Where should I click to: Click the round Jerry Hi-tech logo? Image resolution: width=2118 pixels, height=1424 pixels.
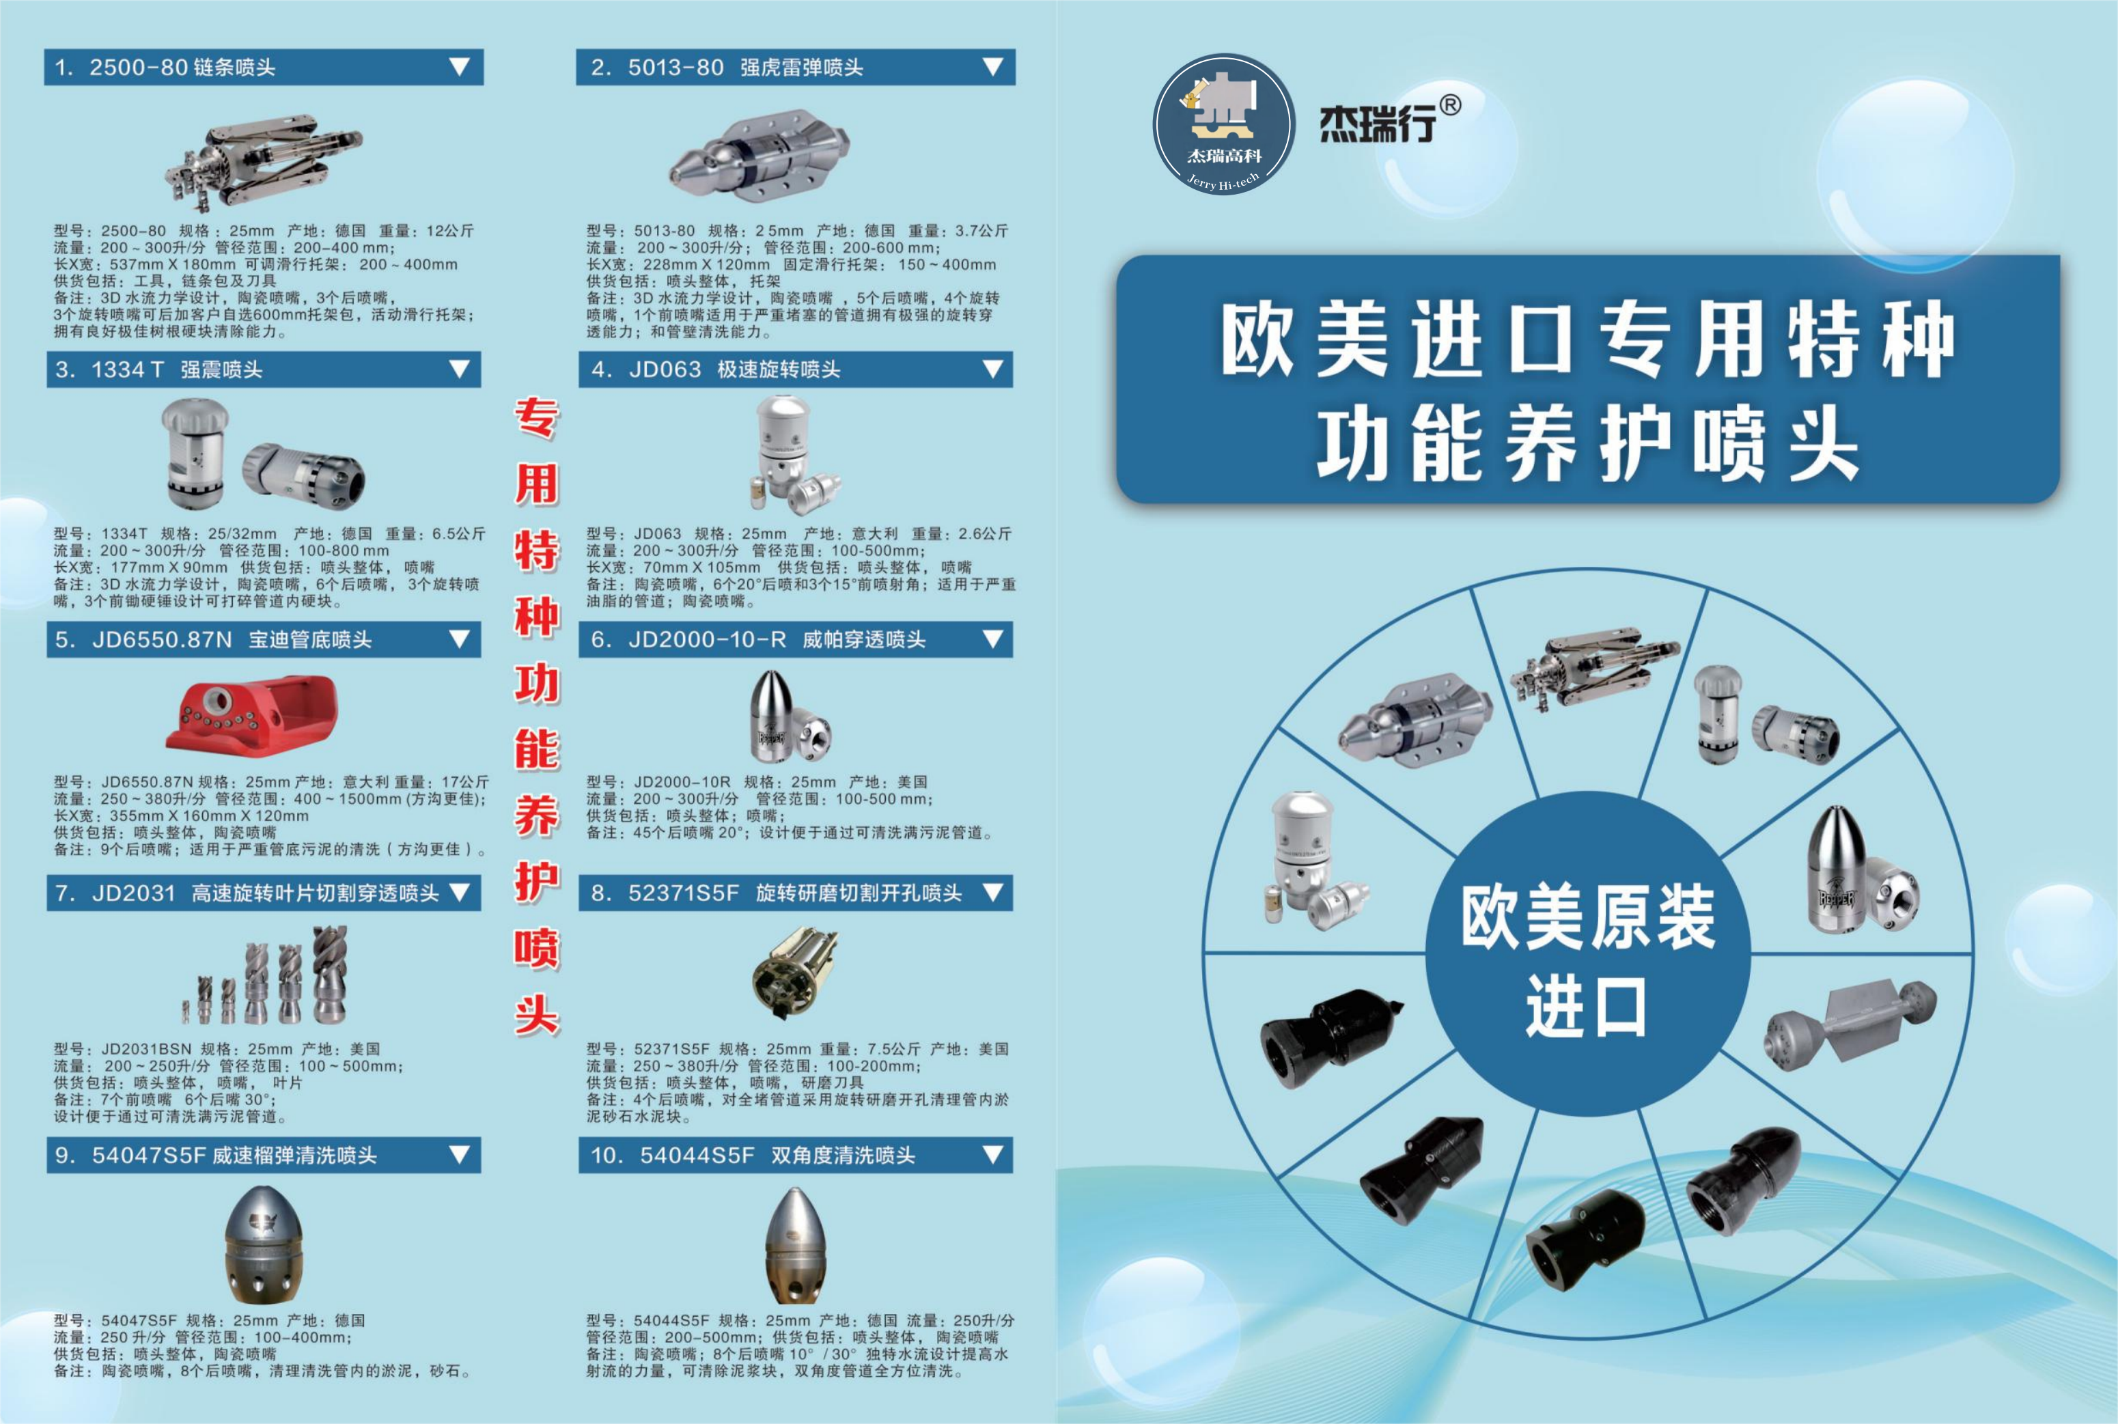[1223, 124]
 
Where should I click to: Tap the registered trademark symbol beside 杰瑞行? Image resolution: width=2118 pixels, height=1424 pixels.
[1451, 107]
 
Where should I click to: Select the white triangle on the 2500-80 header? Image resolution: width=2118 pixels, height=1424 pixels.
[460, 66]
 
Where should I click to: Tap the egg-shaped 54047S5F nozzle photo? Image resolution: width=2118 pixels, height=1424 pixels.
[264, 1244]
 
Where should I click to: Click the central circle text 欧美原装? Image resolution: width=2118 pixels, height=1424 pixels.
[1587, 918]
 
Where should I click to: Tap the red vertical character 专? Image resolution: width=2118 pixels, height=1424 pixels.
[537, 418]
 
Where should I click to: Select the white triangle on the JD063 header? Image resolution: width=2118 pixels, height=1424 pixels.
[992, 369]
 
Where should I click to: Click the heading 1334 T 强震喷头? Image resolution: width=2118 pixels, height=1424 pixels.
[176, 369]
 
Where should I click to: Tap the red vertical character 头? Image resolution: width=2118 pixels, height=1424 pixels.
[537, 1013]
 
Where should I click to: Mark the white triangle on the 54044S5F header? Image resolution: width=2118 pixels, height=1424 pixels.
[992, 1154]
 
